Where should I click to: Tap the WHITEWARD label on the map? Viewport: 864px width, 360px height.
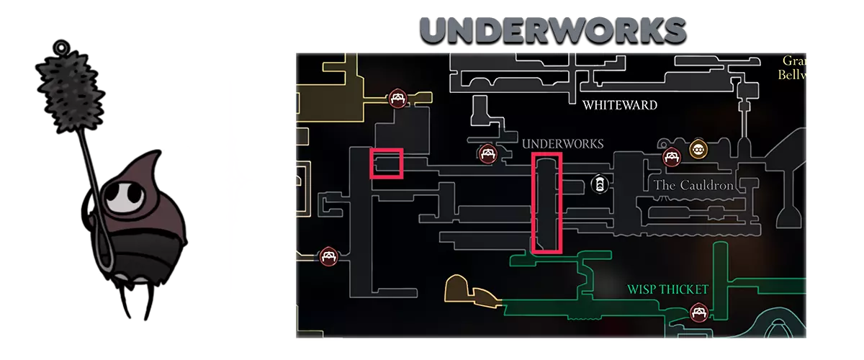tap(620, 105)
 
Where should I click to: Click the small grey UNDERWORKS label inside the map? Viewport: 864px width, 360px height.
tap(563, 144)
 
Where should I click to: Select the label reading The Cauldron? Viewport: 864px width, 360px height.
tap(693, 185)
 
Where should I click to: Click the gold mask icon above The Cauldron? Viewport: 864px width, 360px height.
tap(697, 150)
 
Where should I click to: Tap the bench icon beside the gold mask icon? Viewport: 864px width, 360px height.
tap(672, 157)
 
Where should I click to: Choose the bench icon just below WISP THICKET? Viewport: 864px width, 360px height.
tap(697, 312)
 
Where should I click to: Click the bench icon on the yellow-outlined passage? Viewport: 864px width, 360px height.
tap(397, 99)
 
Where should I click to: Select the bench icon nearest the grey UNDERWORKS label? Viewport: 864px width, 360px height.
tap(487, 153)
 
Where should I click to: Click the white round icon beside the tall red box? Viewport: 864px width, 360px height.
tap(598, 184)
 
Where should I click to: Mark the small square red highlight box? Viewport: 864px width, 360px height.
tap(386, 163)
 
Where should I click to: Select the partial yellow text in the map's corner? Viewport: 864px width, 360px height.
tap(792, 67)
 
